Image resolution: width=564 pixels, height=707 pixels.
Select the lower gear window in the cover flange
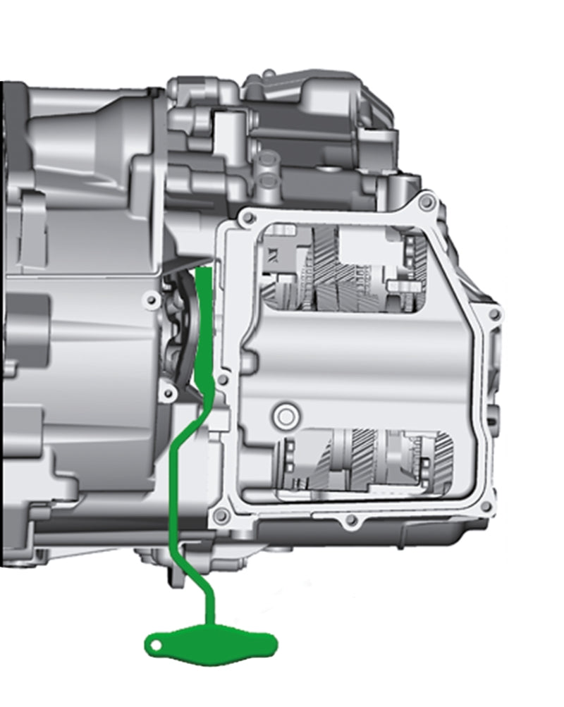(x=367, y=462)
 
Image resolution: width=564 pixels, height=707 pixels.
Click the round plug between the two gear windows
(x=286, y=415)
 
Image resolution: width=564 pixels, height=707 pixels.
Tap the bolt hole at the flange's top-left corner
(x=246, y=219)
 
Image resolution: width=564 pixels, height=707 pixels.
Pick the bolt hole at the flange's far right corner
(x=492, y=313)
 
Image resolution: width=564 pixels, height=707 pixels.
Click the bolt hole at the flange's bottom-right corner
(x=482, y=505)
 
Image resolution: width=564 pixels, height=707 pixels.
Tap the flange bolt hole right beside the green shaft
(x=223, y=380)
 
